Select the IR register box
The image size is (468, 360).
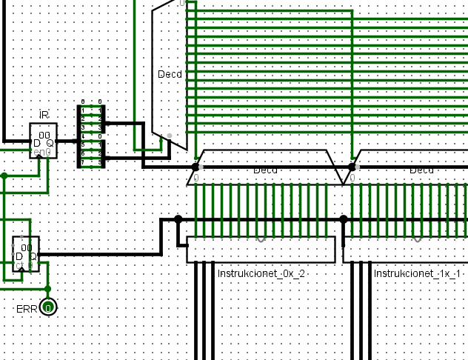coord(43,140)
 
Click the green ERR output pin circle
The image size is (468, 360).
coord(48,307)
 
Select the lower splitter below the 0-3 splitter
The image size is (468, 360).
coord(91,153)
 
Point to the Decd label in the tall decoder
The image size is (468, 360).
coord(170,74)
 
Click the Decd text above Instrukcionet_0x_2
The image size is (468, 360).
coord(265,170)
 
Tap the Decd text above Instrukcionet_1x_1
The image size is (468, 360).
coord(421,170)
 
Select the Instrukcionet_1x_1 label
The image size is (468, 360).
coord(418,274)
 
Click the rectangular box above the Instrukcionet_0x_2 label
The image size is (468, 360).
coord(261,250)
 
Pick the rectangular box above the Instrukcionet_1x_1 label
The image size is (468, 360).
coord(406,250)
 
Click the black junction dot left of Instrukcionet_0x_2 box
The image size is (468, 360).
coord(178,219)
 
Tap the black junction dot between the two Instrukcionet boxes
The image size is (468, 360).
coord(344,219)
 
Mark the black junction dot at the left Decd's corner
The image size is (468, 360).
coord(195,167)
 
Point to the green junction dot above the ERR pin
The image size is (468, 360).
coord(48,289)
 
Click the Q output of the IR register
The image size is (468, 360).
coord(50,142)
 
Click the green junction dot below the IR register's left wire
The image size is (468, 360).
coord(4,176)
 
